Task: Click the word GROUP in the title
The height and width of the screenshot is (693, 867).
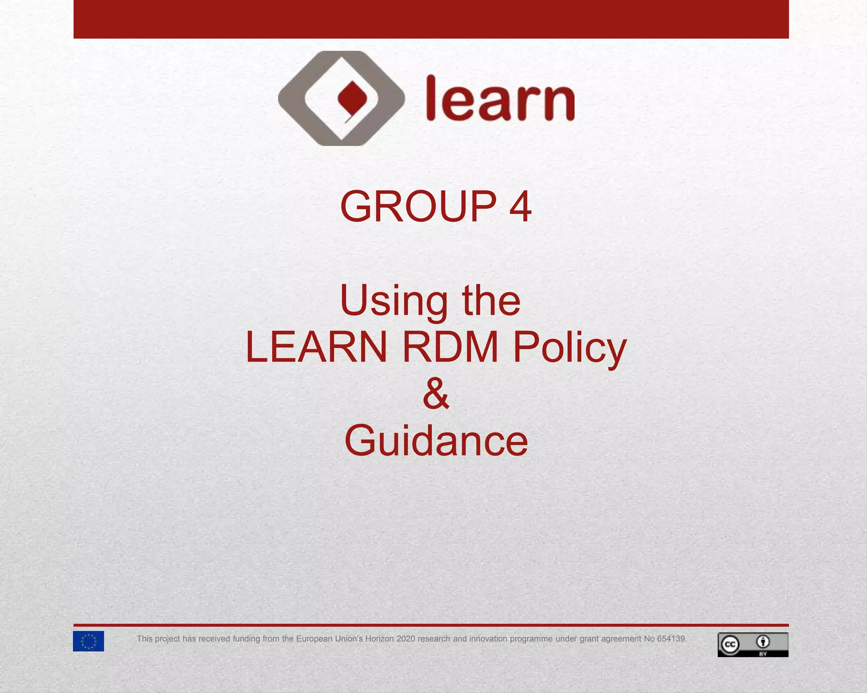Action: tap(418, 206)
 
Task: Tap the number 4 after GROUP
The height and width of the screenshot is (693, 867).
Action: tap(520, 206)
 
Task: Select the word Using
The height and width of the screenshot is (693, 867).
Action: tap(394, 301)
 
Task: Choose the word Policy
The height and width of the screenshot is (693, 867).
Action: tap(569, 348)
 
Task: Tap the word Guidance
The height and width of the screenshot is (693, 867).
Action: tap(436, 441)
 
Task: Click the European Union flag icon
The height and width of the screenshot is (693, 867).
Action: tap(88, 641)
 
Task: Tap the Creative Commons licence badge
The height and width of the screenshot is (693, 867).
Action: tap(753, 644)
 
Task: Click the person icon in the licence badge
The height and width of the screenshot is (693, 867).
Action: tap(763, 642)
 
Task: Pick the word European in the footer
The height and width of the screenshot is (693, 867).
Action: tap(314, 639)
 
